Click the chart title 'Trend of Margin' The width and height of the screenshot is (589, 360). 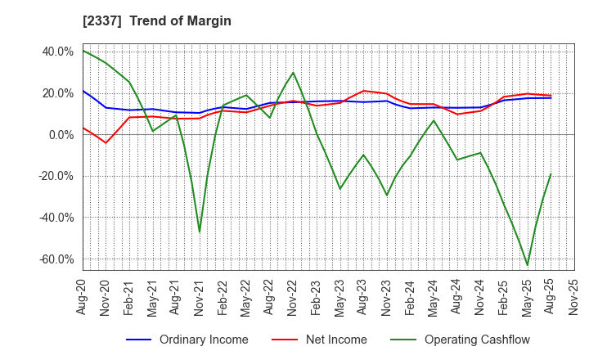[x=180, y=20]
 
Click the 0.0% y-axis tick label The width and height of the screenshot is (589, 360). [x=61, y=134]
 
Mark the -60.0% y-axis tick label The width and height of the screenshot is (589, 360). [x=56, y=259]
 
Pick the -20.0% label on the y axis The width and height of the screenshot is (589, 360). [x=56, y=176]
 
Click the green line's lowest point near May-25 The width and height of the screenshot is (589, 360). [x=527, y=265]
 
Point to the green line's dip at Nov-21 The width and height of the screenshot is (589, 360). [x=200, y=232]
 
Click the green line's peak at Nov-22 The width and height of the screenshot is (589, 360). [x=293, y=72]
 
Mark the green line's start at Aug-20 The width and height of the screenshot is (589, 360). [x=83, y=50]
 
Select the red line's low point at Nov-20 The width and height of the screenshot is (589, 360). [x=106, y=143]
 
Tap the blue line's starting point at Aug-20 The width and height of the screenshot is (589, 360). [x=83, y=91]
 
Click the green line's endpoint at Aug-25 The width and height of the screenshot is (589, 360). [x=551, y=173]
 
